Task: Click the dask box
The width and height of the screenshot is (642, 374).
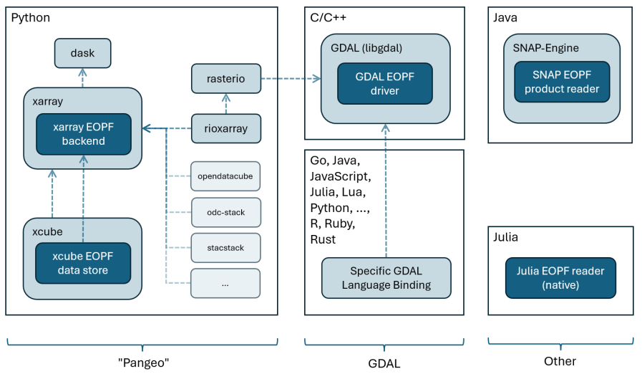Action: tap(84, 53)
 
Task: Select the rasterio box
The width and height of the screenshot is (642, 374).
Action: tap(225, 79)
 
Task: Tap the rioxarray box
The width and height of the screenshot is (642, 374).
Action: tap(225, 129)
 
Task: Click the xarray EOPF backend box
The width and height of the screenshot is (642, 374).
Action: tap(84, 134)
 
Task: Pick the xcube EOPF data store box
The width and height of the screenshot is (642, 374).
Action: tap(84, 263)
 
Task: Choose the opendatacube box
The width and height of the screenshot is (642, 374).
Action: tap(225, 175)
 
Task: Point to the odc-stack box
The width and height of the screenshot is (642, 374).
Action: tap(225, 211)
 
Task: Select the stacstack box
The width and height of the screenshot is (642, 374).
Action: tap(225, 248)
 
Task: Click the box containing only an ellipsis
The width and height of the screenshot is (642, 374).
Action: tap(225, 284)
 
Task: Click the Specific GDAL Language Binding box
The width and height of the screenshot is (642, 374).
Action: tap(386, 278)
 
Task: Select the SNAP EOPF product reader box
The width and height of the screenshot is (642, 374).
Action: tap(562, 82)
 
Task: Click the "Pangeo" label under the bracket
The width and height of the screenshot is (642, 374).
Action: tap(142, 362)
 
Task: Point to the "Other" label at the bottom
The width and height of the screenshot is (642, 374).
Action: tap(560, 362)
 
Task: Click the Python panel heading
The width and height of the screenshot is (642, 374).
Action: tap(31, 17)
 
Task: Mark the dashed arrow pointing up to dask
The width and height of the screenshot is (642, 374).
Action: tap(84, 76)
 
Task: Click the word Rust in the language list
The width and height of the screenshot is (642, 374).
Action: tap(324, 239)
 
